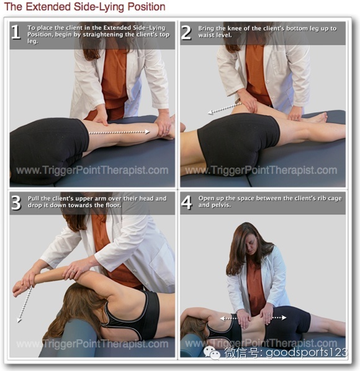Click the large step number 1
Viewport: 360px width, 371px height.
[x=16, y=32]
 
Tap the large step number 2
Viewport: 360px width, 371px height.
[x=186, y=32]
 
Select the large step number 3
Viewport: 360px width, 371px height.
[x=16, y=203]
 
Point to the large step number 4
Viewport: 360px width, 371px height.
[x=186, y=203]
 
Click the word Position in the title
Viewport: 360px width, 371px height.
[x=146, y=7]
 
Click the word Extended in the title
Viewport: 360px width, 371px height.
[x=48, y=7]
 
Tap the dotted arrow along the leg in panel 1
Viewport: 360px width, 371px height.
[x=119, y=132]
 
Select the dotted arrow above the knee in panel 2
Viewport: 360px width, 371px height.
[x=224, y=108]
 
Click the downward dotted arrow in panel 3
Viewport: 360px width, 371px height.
[x=25, y=304]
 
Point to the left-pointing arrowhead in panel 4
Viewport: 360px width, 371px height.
[x=222, y=319]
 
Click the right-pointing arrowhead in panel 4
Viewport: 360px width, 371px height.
[x=284, y=318]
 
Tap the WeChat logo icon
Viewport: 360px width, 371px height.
[x=212, y=353]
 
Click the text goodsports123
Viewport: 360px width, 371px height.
[x=307, y=353]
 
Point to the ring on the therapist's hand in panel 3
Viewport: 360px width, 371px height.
[x=74, y=272]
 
